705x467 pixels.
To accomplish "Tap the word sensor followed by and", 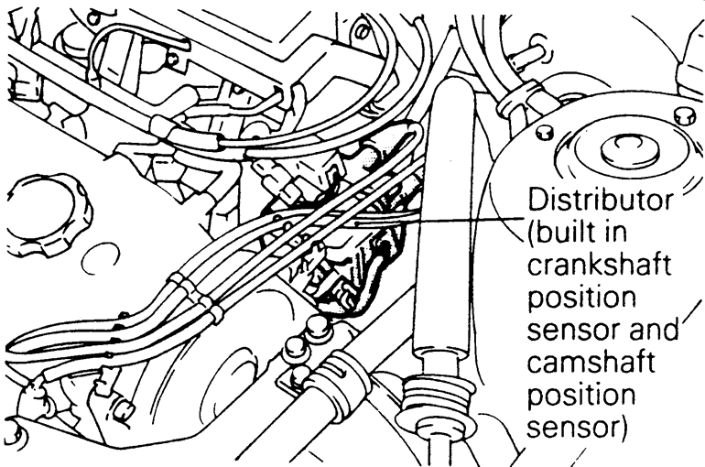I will tap(559, 336).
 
